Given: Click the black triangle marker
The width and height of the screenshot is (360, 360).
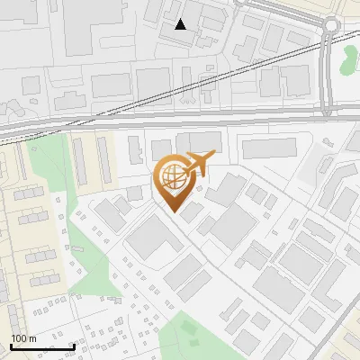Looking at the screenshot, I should tap(181, 24).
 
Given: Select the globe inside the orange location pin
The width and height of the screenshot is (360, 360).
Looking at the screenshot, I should tap(172, 178).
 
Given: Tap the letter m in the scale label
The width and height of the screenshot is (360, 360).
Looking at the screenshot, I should tap(33, 337).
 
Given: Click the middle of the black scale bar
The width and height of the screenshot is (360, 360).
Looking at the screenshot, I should tap(42, 346).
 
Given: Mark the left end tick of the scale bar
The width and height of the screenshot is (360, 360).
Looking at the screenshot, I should tap(11, 346).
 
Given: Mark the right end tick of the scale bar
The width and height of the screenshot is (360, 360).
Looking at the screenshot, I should tap(74, 346).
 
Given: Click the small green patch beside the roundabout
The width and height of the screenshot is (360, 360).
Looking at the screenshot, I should tap(349, 61).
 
